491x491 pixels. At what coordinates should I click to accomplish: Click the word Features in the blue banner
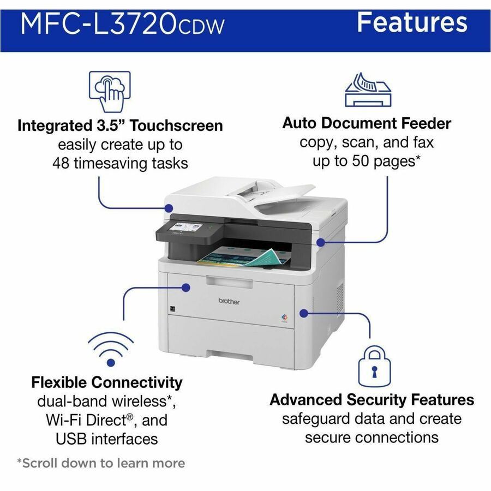click(x=412, y=22)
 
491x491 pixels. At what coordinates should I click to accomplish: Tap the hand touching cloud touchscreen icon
click(x=109, y=89)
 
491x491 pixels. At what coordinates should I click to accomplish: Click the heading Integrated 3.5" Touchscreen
click(x=120, y=125)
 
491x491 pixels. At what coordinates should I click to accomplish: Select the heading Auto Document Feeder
click(x=367, y=123)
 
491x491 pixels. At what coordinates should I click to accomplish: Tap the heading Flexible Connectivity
click(x=107, y=382)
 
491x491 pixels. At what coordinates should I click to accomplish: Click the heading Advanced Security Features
click(x=372, y=399)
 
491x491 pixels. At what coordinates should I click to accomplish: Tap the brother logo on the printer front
click(x=229, y=301)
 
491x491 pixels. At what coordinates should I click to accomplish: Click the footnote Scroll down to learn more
click(x=101, y=463)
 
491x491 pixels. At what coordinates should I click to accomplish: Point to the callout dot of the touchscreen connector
click(x=169, y=207)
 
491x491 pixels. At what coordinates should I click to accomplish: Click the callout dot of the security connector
click(x=303, y=313)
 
